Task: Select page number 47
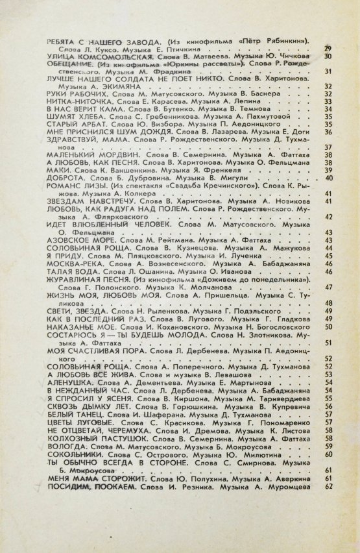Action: coord(328,286)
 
